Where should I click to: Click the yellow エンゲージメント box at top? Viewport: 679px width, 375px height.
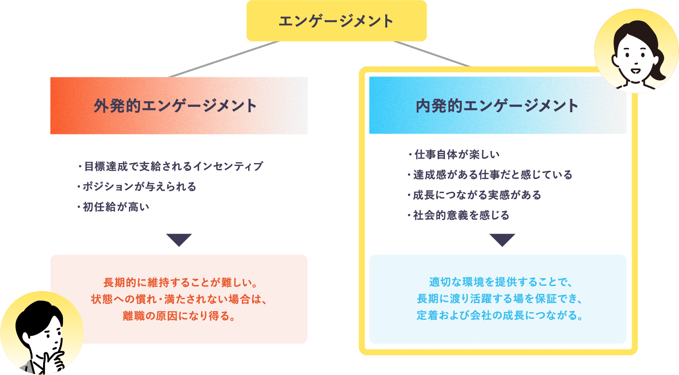pyautogui.click(x=336, y=21)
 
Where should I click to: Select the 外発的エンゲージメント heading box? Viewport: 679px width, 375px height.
pyautogui.click(x=179, y=105)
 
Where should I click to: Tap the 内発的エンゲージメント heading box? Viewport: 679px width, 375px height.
pyautogui.click(x=498, y=105)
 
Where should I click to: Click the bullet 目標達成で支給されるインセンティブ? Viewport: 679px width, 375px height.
pyautogui.click(x=170, y=166)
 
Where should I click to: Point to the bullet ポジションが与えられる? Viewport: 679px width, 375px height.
pyautogui.click(x=136, y=187)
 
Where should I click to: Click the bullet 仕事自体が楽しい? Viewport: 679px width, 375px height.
pyautogui.click(x=454, y=154)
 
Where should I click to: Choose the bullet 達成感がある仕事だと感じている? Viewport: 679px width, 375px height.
pyautogui.click(x=490, y=175)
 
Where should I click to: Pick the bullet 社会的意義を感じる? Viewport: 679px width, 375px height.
pyautogui.click(x=458, y=215)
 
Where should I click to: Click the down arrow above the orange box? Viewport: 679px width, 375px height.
pyautogui.click(x=179, y=240)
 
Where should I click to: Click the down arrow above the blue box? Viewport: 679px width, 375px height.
pyautogui.click(x=502, y=240)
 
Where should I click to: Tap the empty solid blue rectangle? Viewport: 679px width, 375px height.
pyautogui.click(x=498, y=299)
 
